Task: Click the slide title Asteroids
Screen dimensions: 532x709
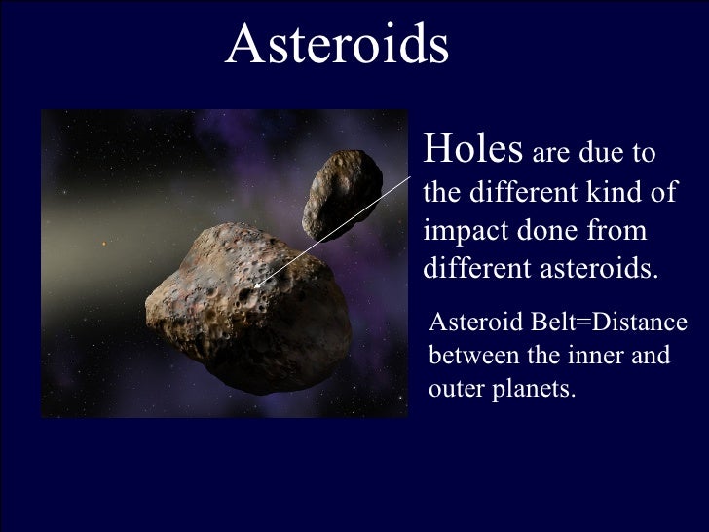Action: click(x=337, y=45)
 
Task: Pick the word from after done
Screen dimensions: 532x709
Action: click(x=620, y=230)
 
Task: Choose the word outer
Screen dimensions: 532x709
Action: click(x=454, y=390)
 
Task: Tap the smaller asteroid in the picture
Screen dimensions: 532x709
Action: click(x=341, y=194)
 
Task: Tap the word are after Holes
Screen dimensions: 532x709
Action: click(x=554, y=154)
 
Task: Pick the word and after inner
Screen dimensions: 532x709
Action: click(x=653, y=356)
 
